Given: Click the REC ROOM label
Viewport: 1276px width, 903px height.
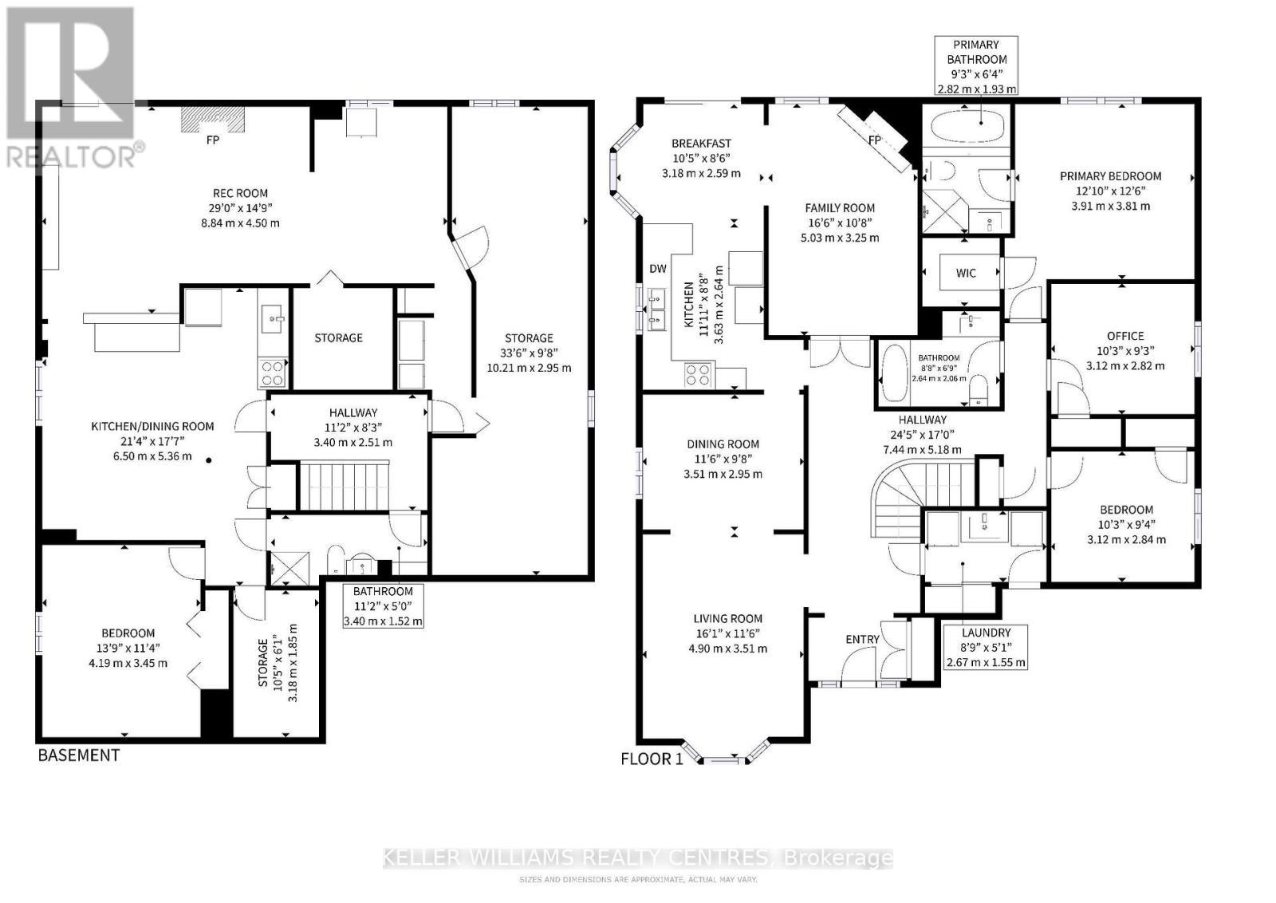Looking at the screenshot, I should [x=240, y=193].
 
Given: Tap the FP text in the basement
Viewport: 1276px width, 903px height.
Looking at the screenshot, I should [x=213, y=140].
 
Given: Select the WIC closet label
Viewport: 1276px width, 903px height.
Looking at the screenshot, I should [x=966, y=273].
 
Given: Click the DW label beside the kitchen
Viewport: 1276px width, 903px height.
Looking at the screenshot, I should [x=657, y=269].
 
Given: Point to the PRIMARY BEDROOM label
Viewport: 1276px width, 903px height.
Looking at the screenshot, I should [x=1110, y=176].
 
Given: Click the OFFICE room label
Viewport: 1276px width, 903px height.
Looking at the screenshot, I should [x=1125, y=336].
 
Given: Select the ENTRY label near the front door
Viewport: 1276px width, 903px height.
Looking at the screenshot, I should [x=862, y=640].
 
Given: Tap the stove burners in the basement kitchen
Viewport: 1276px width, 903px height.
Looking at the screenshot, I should [x=273, y=373].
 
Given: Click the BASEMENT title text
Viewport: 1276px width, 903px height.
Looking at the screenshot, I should [x=79, y=755].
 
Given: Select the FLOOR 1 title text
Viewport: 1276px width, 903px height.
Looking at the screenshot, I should [x=652, y=759].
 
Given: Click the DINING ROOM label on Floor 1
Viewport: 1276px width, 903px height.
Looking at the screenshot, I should [x=723, y=444].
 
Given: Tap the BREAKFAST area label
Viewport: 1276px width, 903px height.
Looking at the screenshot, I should [x=701, y=144].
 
